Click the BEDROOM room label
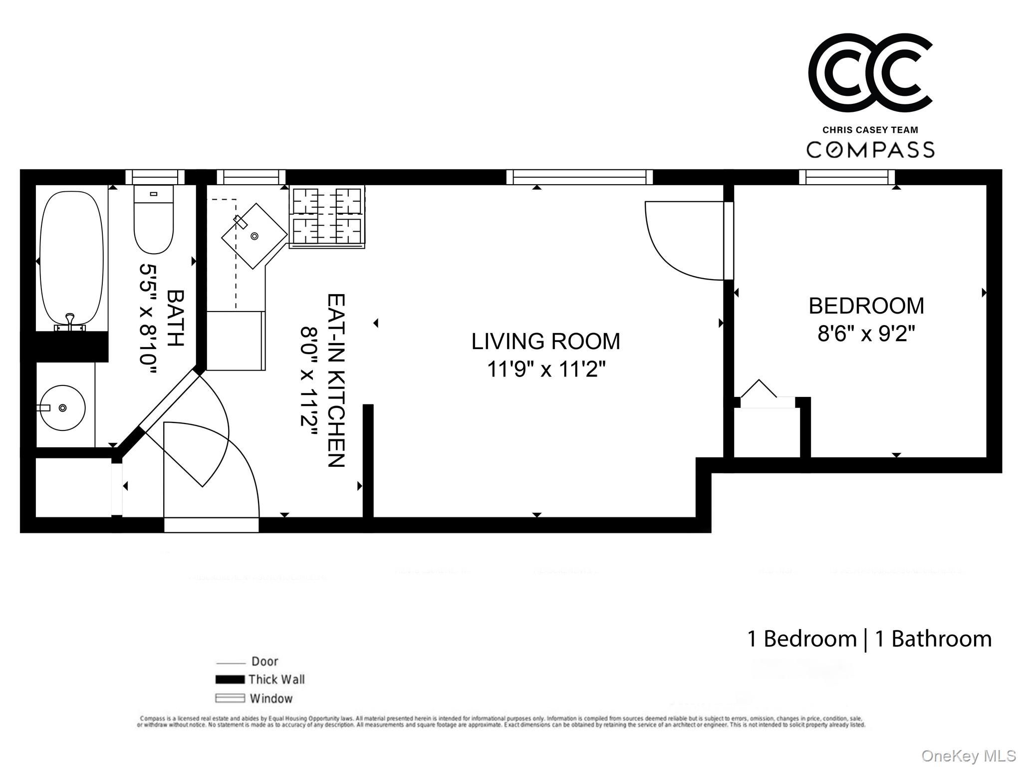tap(866, 306)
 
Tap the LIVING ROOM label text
tap(545, 342)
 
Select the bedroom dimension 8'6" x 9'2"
tap(866, 334)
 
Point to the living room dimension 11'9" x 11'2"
tap(546, 370)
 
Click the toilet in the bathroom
tap(154, 220)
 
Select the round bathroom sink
tap(62, 408)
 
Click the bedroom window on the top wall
tap(847, 177)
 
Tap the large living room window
tap(579, 177)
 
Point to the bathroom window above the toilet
tap(155, 177)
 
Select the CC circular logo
tap(870, 73)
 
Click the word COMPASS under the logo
tap(870, 149)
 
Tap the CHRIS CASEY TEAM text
tap(870, 130)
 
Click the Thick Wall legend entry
tap(276, 679)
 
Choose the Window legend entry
tap(270, 698)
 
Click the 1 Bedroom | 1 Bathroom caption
tap(869, 639)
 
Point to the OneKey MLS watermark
tap(968, 756)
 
